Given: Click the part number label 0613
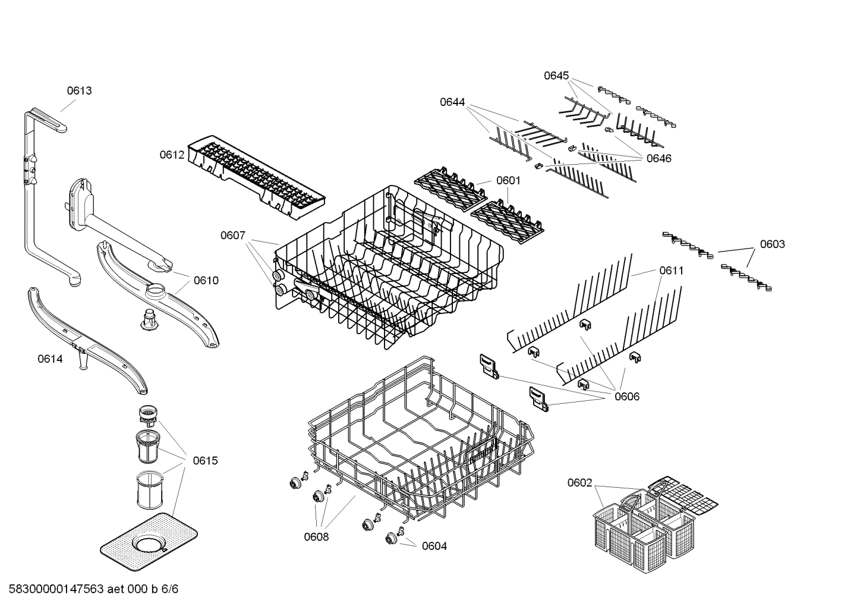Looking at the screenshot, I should tap(79, 91).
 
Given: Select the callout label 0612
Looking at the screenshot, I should tap(172, 155).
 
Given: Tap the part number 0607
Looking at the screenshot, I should tap(233, 236).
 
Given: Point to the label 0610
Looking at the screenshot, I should tap(206, 281).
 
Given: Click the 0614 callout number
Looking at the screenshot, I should tap(50, 359).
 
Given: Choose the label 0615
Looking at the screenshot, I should tap(205, 461).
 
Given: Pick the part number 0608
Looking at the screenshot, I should tap(316, 537).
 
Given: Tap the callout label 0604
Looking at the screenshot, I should tap(434, 546).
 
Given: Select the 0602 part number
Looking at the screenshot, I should tap(579, 482).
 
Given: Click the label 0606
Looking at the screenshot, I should tap(627, 397).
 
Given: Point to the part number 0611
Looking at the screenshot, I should tap(671, 271).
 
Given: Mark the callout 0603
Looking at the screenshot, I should tap(772, 244).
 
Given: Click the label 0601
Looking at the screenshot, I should tap(508, 181).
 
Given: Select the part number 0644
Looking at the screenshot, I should tap(452, 102).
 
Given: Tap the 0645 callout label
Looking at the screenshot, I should tap(556, 76).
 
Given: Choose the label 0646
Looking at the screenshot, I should tap(658, 159).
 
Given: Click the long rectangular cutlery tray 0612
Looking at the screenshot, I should tap(256, 178).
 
